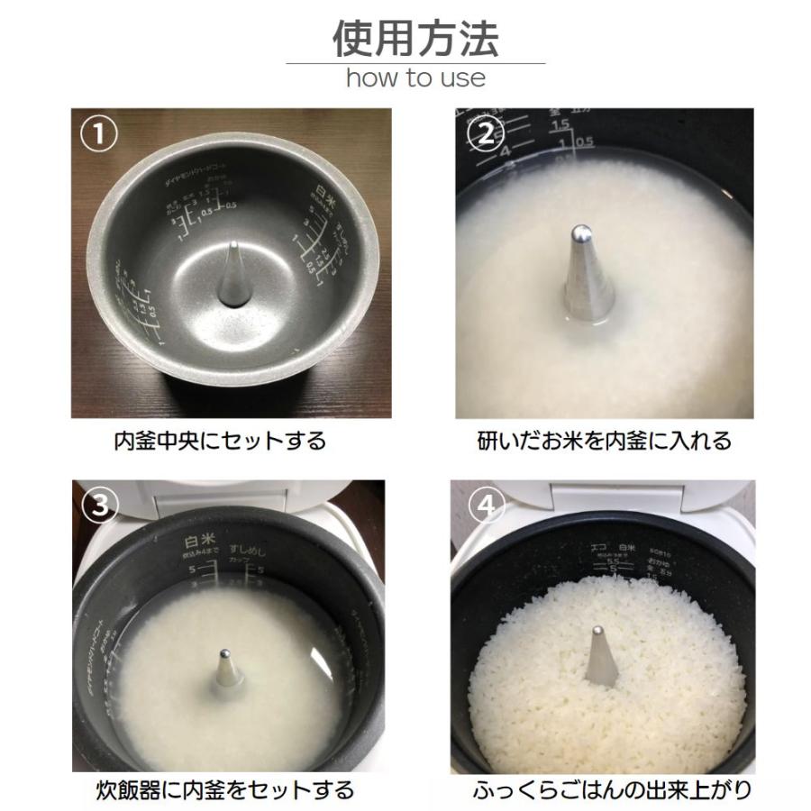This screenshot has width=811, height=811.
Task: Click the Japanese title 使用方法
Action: coord(415,38)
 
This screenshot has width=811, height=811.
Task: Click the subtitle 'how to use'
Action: coord(415,77)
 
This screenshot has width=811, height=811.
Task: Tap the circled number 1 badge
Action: coord(100,136)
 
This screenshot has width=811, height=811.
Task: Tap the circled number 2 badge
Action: coord(486,134)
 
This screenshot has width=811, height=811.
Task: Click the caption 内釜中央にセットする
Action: coord(219,442)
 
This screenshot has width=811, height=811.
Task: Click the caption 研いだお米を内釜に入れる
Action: coord(604,442)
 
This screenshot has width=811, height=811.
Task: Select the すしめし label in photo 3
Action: coord(253,548)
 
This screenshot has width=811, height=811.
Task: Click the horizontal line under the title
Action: coord(415,63)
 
